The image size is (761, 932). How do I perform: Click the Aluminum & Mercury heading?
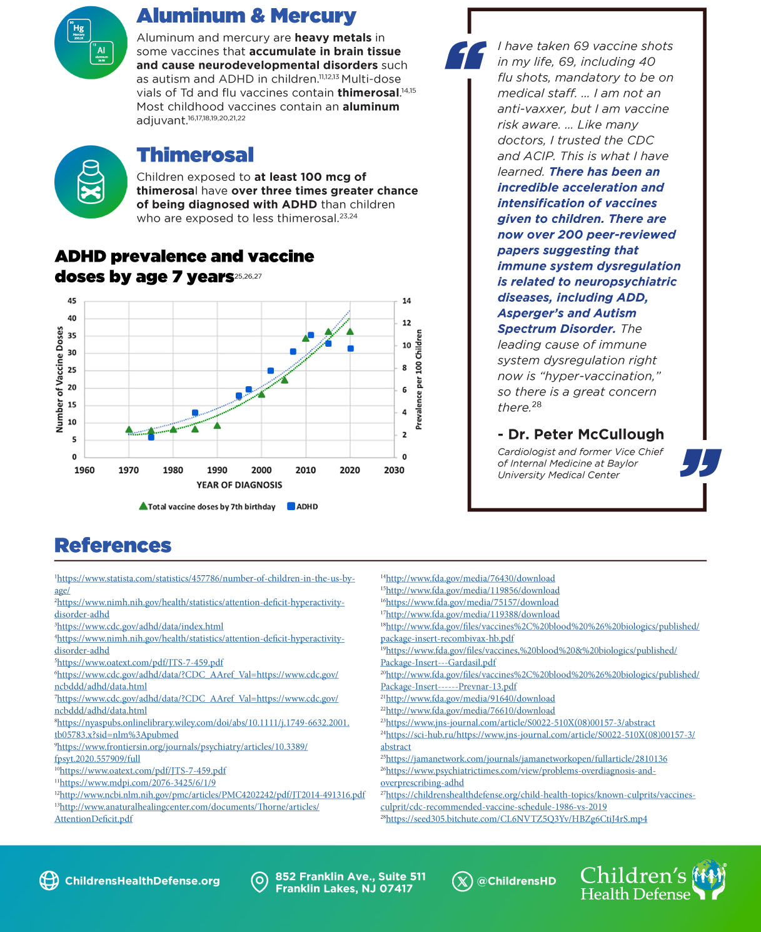click(x=246, y=16)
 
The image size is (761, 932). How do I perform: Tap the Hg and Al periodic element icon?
click(x=91, y=42)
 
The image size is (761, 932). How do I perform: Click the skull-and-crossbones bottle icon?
click(x=91, y=182)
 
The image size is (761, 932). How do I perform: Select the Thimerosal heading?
click(x=195, y=155)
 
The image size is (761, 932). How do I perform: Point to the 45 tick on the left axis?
click(x=72, y=301)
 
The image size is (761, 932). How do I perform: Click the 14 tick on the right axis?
click(x=406, y=301)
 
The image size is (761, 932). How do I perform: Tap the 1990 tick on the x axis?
click(x=217, y=470)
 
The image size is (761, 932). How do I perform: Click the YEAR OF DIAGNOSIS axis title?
click(x=239, y=484)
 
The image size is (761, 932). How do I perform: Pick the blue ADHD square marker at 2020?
click(x=351, y=349)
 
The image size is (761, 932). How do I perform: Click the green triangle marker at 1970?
click(x=129, y=429)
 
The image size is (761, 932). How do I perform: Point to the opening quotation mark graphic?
click(x=465, y=55)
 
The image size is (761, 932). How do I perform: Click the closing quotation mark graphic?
click(x=700, y=463)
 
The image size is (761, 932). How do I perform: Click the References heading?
click(x=113, y=545)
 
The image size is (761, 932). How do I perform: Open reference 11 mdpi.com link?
click(x=138, y=782)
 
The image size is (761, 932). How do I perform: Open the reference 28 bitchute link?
click(x=516, y=819)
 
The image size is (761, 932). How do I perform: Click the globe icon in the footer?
click(x=49, y=881)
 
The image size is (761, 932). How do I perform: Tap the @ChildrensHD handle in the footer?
click(x=516, y=881)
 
